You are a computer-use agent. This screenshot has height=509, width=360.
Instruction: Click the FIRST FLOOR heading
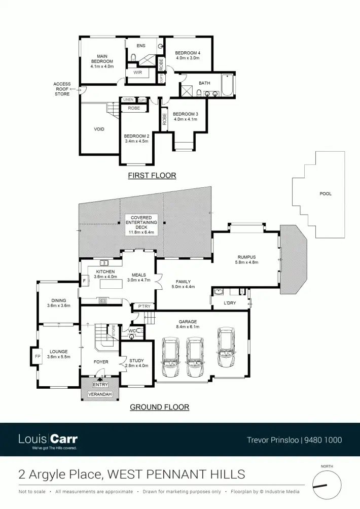[x=152, y=176]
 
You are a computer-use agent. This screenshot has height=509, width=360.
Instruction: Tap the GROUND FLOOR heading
[x=159, y=407]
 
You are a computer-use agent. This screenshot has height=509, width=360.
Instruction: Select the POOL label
[x=325, y=194]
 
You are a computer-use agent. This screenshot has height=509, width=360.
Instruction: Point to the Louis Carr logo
[x=48, y=440]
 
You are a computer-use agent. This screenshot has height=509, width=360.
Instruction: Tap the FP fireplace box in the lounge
[x=37, y=356]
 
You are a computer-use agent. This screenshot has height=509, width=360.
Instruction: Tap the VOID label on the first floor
[x=99, y=129]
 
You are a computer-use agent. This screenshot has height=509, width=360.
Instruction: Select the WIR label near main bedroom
[x=138, y=73]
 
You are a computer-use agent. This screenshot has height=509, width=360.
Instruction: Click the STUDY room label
[x=137, y=362]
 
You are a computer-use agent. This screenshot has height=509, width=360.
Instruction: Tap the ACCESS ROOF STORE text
[x=62, y=89]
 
